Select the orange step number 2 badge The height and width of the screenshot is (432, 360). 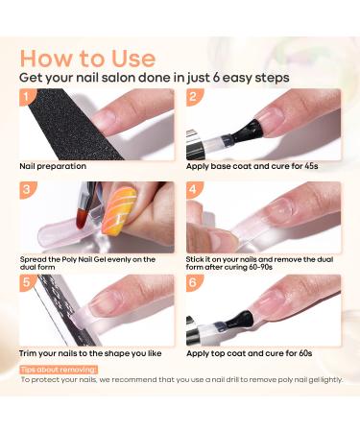193,98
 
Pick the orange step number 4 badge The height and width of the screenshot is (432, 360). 193,190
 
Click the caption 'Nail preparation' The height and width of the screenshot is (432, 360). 53,165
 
